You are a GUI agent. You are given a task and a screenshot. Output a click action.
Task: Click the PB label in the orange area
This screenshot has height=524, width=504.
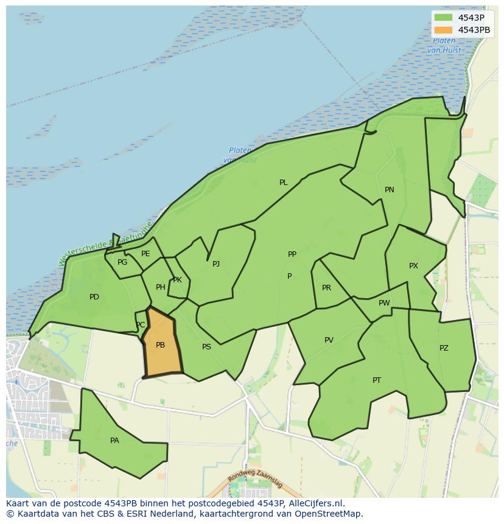[x=160, y=345]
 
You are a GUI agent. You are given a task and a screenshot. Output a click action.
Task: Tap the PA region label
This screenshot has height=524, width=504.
[x=114, y=441]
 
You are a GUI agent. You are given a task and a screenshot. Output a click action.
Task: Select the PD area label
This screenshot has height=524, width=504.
[x=94, y=297]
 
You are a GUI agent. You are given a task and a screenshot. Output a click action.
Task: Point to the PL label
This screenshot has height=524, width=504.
[x=283, y=183]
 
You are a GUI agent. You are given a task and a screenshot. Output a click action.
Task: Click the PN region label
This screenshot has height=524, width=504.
[x=390, y=190]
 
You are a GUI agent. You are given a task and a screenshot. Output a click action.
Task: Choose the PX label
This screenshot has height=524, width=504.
[x=413, y=266]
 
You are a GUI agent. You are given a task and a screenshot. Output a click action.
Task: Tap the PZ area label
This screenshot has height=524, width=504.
[x=444, y=348]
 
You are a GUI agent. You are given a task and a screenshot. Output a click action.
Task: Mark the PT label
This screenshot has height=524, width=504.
[x=377, y=380]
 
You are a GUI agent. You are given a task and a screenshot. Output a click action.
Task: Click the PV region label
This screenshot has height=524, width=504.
[x=329, y=340]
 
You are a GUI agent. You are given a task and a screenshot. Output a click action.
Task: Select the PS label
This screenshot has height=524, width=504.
[x=206, y=347]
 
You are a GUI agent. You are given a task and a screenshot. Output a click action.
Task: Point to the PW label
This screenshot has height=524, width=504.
[x=384, y=303]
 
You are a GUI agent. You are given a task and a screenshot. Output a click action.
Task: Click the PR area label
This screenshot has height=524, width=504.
[x=326, y=288]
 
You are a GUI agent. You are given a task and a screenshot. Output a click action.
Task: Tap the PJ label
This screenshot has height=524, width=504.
[x=216, y=264]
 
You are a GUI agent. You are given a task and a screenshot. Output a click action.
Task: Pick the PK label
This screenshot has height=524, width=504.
[x=177, y=280]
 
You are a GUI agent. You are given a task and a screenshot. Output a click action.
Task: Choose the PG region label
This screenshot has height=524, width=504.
[x=122, y=262]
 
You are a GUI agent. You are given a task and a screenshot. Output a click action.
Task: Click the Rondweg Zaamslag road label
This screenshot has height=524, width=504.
[x=255, y=481]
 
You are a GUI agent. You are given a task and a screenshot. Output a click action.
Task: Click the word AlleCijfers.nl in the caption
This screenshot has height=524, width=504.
[x=317, y=503]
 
